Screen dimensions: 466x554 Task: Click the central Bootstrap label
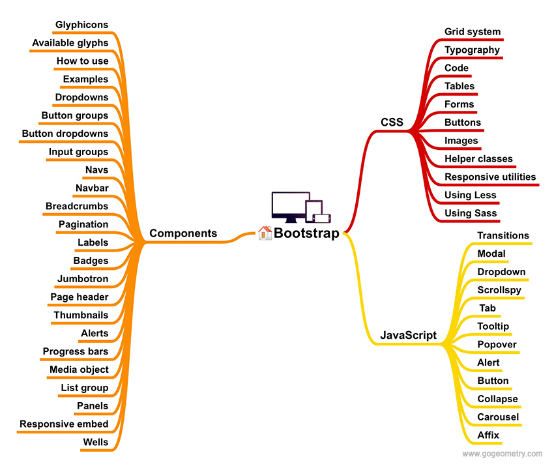(x=306, y=233)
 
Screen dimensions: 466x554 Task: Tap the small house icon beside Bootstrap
(x=265, y=233)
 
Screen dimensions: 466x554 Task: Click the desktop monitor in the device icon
(x=290, y=205)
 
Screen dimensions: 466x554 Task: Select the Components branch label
(x=183, y=233)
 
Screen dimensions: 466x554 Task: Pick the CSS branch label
(x=392, y=122)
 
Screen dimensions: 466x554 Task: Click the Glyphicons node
(x=81, y=25)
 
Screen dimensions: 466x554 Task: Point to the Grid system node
(x=473, y=31)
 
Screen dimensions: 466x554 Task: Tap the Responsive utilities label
(x=490, y=177)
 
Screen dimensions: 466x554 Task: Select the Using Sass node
(x=471, y=213)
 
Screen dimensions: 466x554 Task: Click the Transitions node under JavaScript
(x=503, y=235)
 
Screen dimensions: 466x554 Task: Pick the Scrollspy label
(x=499, y=290)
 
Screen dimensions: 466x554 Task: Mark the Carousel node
(x=498, y=417)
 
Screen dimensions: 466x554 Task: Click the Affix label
(x=489, y=435)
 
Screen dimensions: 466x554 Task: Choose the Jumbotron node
(x=83, y=278)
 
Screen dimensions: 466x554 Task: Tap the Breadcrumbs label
(x=77, y=206)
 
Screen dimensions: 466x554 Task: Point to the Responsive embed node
(x=64, y=424)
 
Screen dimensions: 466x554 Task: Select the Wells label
(x=96, y=442)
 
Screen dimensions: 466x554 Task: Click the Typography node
(x=472, y=50)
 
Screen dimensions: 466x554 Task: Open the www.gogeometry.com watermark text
(x=502, y=454)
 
